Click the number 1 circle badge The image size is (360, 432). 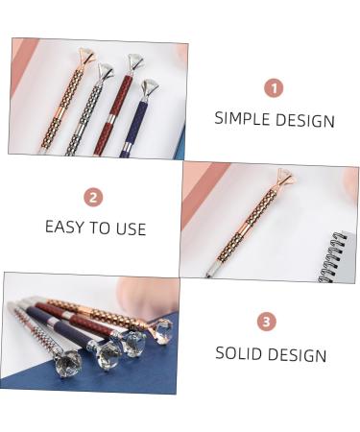[275, 87]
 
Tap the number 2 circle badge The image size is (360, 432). [94, 198]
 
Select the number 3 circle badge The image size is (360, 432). [267, 322]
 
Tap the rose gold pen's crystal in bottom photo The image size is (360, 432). [163, 330]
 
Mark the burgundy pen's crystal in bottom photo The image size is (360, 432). [133, 340]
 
